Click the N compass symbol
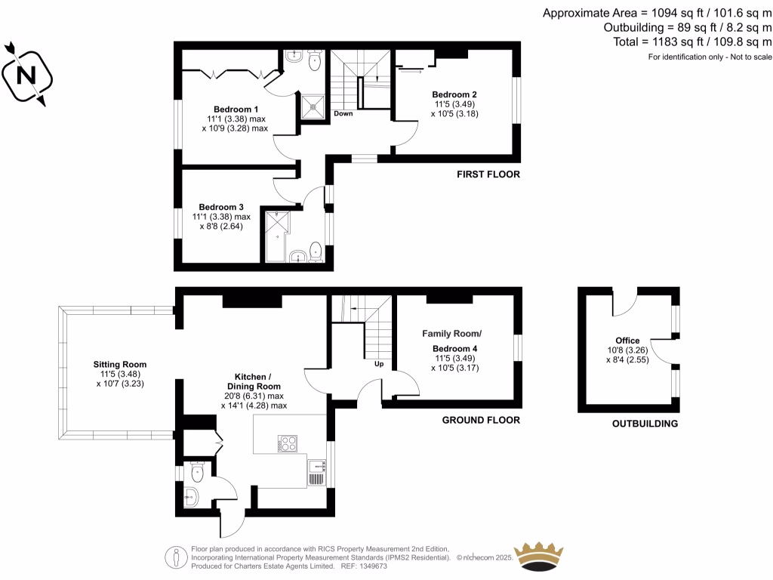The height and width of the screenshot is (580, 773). pyautogui.click(x=27, y=75)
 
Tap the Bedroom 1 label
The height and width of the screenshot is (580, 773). pyautogui.click(x=236, y=110)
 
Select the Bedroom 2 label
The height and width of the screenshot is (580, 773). pyautogui.click(x=454, y=94)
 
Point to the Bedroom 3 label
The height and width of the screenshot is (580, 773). pyautogui.click(x=221, y=207)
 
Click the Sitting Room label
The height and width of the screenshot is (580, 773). pyautogui.click(x=120, y=365)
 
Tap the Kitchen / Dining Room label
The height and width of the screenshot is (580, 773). pyautogui.click(x=254, y=381)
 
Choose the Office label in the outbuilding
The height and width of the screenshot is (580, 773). pyautogui.click(x=627, y=341)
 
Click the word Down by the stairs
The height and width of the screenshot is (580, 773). pyautogui.click(x=343, y=113)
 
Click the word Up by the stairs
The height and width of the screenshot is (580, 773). pyautogui.click(x=379, y=364)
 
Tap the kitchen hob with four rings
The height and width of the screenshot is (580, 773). pyautogui.click(x=288, y=443)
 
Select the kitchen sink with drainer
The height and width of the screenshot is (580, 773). pyautogui.click(x=316, y=473)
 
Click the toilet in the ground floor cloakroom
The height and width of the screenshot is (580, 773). pyautogui.click(x=197, y=472)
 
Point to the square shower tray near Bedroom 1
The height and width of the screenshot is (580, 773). pyautogui.click(x=313, y=106)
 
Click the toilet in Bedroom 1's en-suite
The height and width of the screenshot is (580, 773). pyautogui.click(x=315, y=61)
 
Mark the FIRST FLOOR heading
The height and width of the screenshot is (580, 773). pyautogui.click(x=488, y=174)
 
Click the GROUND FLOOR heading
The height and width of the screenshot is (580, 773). pyautogui.click(x=481, y=420)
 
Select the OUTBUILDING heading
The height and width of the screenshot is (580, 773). pyautogui.click(x=645, y=424)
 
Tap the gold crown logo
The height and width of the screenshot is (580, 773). pyautogui.click(x=538, y=557)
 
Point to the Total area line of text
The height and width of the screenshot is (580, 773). pyautogui.click(x=692, y=42)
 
